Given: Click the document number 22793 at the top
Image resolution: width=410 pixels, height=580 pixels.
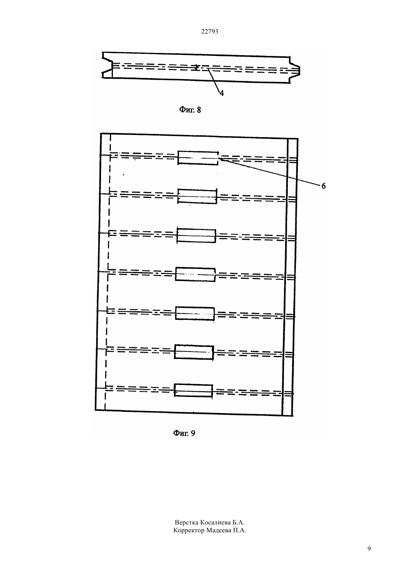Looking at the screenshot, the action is click(209, 31).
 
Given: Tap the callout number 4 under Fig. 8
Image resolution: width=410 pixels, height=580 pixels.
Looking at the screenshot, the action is click(221, 93).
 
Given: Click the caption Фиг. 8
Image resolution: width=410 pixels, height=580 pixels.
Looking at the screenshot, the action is click(190, 110).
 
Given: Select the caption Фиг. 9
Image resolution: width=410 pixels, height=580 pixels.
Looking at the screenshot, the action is click(184, 433).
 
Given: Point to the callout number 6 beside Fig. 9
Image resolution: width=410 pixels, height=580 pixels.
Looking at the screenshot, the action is click(324, 186).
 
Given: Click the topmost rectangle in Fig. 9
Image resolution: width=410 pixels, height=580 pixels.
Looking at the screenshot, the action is click(198, 158).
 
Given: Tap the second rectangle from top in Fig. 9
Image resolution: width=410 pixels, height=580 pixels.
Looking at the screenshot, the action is click(197, 196).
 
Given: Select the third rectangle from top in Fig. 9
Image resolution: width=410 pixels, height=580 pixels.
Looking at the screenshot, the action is click(196, 236).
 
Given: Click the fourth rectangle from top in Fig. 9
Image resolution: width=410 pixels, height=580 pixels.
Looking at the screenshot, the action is click(195, 274).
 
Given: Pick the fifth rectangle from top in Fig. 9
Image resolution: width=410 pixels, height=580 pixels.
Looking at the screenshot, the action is click(195, 313).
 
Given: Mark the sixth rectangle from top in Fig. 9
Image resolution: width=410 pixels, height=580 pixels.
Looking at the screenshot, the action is click(194, 352).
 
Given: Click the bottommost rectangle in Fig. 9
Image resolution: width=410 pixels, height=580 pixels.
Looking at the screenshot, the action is click(193, 391).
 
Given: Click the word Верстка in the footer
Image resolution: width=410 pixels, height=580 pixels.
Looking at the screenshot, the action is click(186, 522).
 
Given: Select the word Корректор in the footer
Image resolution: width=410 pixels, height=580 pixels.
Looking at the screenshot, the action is click(189, 530).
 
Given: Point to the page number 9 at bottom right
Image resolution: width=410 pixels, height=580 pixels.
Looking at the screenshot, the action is click(369, 549).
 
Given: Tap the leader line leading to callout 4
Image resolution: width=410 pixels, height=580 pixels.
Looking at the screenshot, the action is click(214, 80).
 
